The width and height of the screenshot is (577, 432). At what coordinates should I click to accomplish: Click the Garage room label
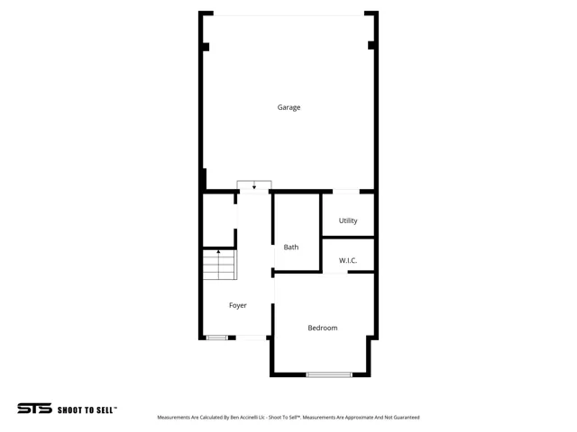coord(288,107)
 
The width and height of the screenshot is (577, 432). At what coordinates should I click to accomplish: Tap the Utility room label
coord(348,220)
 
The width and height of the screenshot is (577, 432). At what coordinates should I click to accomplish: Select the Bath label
coord(291,247)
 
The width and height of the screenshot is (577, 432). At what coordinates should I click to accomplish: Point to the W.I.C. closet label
coord(348,261)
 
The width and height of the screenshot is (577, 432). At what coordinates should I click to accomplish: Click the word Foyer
coord(237,306)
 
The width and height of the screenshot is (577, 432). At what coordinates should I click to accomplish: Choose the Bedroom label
coord(322,328)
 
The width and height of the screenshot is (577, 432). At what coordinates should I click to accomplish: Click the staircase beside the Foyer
coord(219,265)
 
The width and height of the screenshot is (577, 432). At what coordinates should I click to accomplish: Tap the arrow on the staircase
coord(218,253)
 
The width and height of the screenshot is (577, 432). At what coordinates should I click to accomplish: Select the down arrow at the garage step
coord(254,185)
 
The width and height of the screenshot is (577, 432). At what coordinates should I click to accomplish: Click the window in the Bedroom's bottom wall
coord(329,374)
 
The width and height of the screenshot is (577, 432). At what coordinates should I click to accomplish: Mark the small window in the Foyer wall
coord(216,337)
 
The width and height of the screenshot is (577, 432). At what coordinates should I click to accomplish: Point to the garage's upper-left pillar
coord(206,47)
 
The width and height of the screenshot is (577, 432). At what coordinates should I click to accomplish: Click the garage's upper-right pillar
coord(371,46)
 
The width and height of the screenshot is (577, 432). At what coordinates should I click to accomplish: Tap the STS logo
coord(34,409)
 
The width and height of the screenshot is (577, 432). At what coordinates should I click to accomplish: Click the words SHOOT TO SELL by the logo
coord(87,409)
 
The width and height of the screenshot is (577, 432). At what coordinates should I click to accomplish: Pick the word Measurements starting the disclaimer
coord(175,418)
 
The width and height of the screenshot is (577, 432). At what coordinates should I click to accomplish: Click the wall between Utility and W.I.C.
coord(348,238)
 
